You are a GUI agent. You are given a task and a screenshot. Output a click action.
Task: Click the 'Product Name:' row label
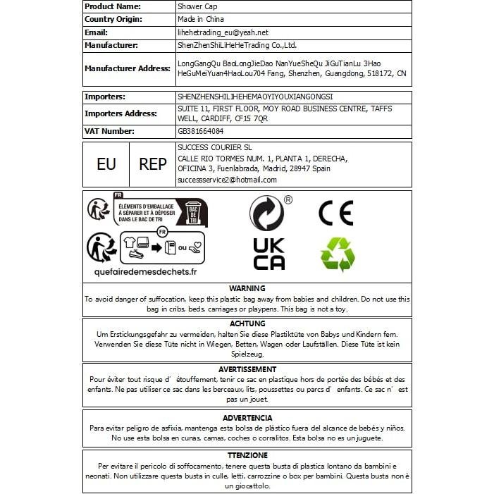113,6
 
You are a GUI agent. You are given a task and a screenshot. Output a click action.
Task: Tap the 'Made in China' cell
201,19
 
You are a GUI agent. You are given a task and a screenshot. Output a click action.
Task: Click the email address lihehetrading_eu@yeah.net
223,32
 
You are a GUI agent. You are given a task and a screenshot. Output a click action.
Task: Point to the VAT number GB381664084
201,131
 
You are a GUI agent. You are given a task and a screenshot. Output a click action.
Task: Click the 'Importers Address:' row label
121,113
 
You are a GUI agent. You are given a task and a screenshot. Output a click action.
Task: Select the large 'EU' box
106,164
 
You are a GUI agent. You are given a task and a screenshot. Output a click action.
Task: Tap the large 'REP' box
153,164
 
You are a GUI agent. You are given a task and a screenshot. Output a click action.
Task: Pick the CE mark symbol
336,212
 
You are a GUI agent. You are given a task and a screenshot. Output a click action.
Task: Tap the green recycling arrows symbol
338,254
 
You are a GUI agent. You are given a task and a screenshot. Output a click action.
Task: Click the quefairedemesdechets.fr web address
146,271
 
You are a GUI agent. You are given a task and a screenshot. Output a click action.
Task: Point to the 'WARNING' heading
247,288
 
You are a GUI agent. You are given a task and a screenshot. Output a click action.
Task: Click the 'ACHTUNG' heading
247,323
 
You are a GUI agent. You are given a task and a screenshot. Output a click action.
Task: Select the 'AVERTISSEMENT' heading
247,369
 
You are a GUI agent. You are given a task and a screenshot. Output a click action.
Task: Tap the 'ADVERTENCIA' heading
247,418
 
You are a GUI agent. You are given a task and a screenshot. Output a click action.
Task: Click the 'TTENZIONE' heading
247,456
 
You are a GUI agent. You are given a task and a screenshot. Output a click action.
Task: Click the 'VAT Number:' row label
111,131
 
